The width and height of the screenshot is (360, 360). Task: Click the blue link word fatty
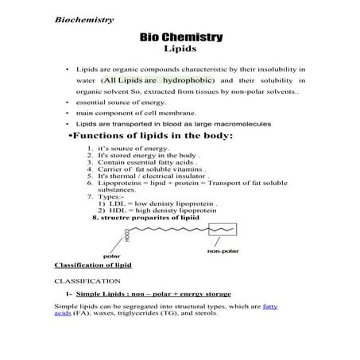(270, 305)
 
